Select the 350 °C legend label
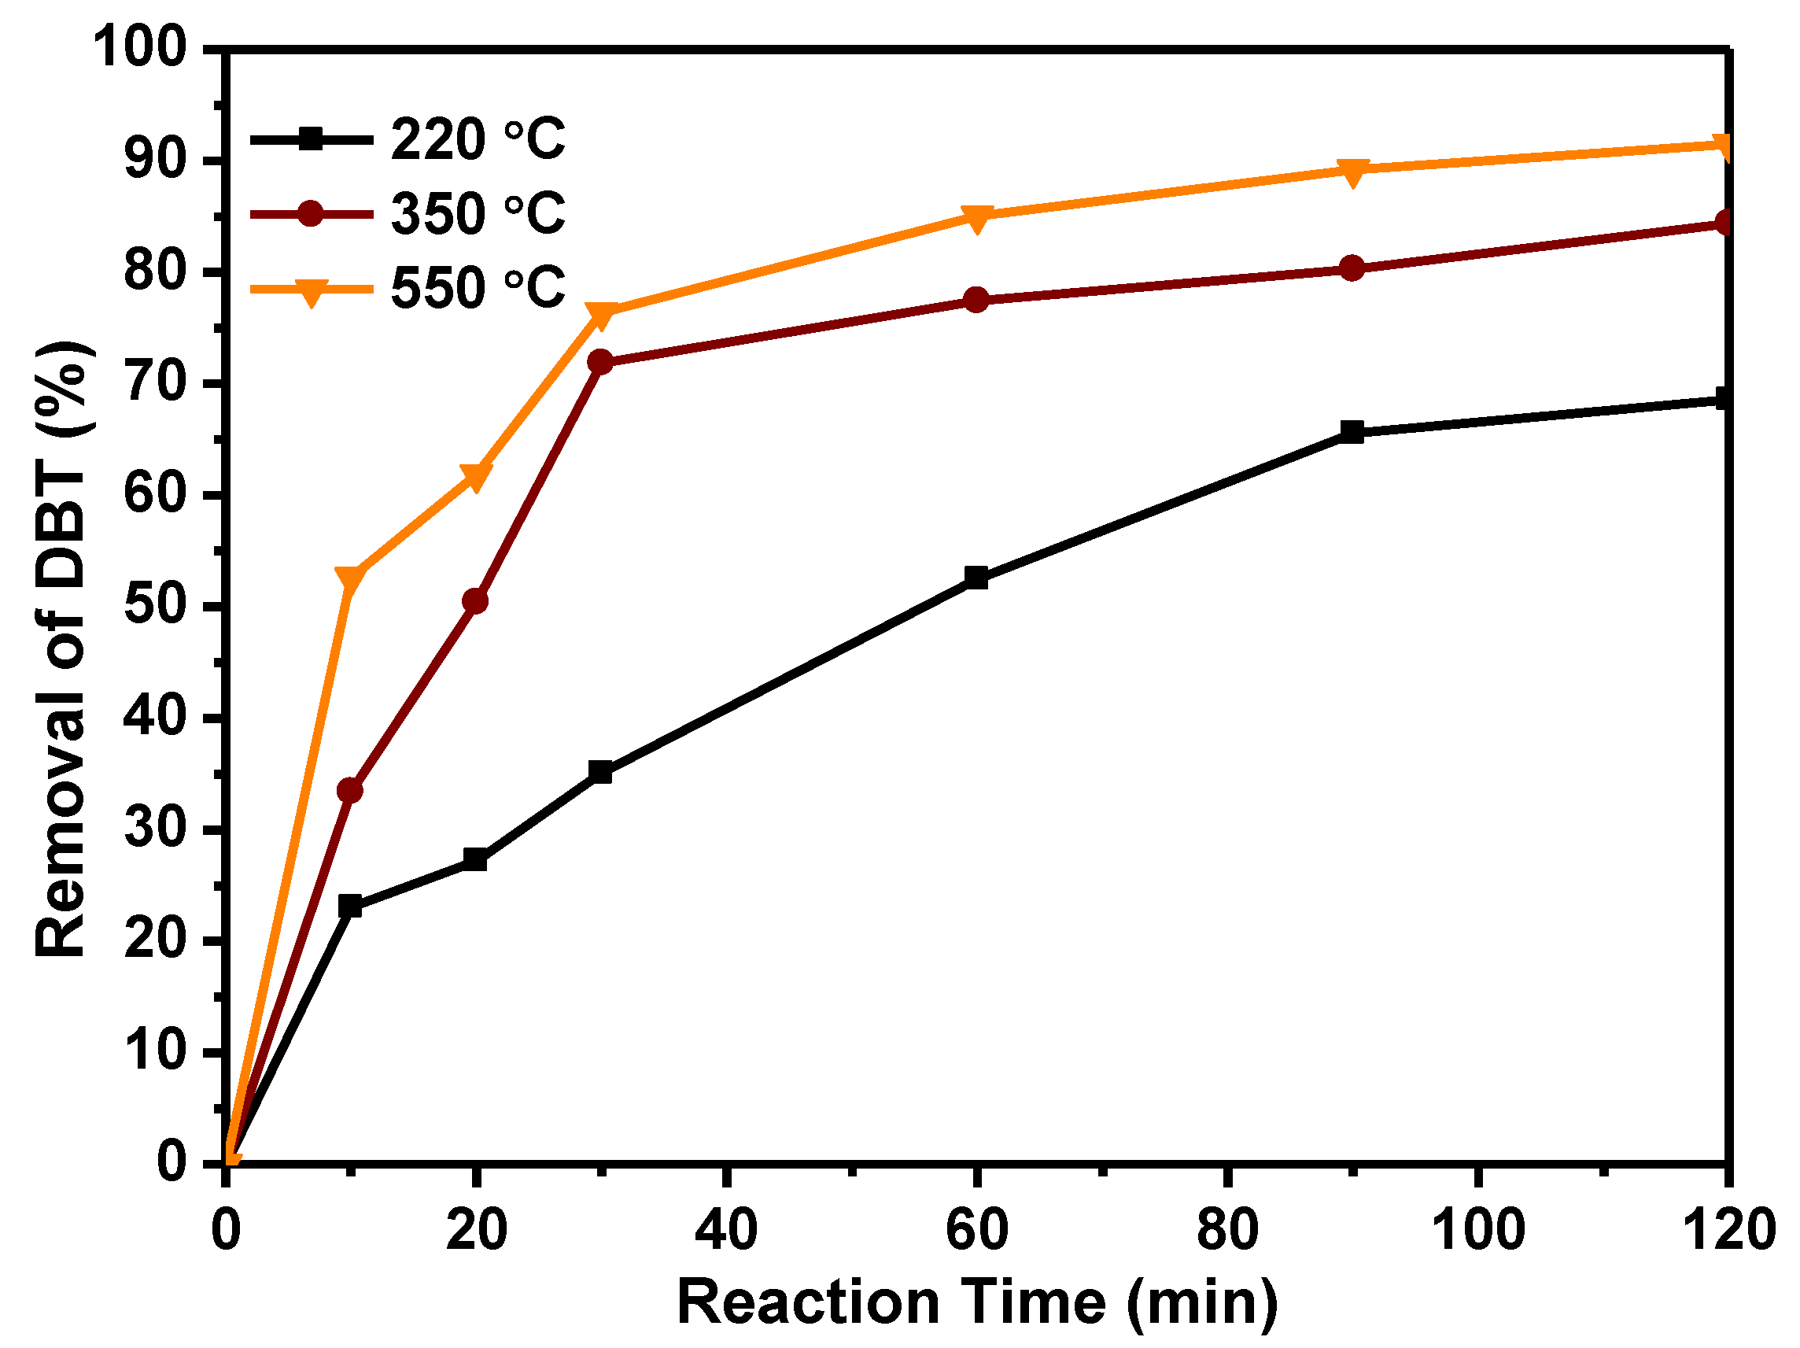(477, 214)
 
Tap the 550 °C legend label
(477, 288)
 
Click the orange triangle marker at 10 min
(350, 578)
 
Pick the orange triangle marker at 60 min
(976, 217)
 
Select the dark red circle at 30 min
(600, 361)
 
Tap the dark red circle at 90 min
(1352, 268)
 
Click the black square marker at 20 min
(475, 859)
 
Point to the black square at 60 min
(976, 578)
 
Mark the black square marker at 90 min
(1352, 431)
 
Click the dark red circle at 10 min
(350, 790)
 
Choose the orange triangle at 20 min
(475, 477)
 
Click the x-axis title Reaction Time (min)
(976, 1303)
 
